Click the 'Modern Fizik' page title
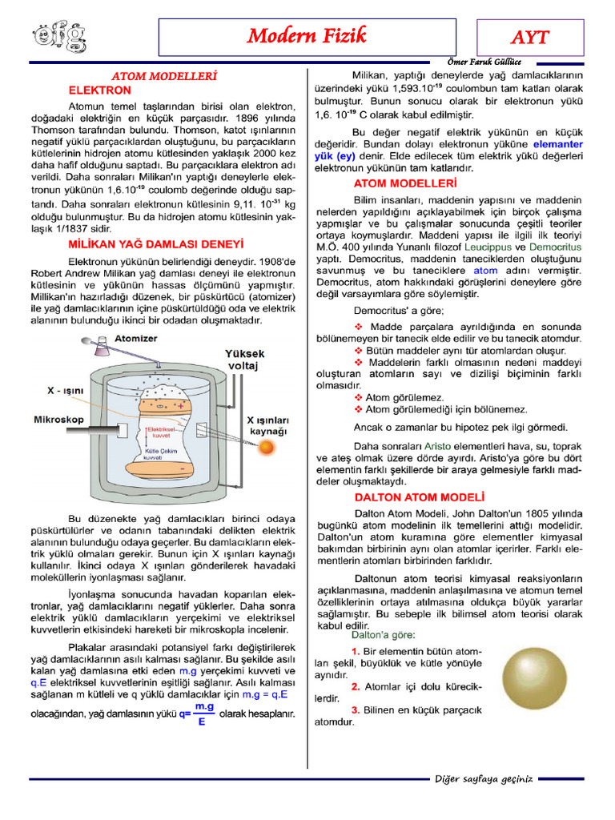307,35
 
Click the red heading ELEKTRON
99,90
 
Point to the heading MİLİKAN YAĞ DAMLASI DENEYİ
155,243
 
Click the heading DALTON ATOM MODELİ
420,497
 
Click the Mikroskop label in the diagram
59,419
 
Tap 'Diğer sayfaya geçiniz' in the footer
483,779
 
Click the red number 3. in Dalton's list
356,709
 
